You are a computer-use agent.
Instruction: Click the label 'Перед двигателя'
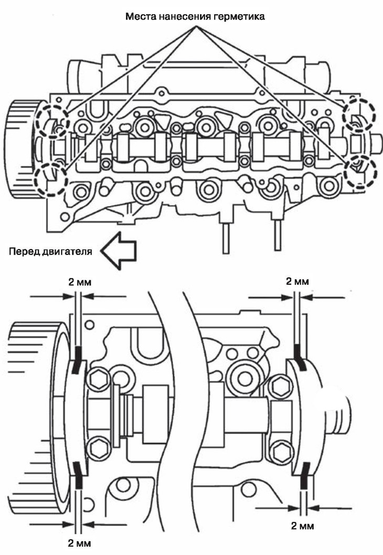(51, 251)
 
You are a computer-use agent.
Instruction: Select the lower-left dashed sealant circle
(50, 178)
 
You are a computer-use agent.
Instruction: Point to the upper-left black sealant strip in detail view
(77, 360)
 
